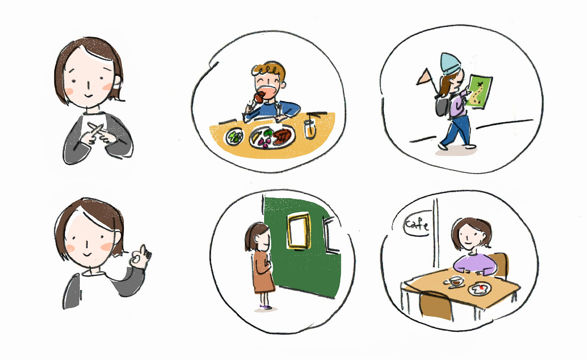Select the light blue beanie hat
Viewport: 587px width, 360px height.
(450, 64)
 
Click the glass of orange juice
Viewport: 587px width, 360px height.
(310, 129)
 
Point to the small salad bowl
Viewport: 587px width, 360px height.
(234, 137)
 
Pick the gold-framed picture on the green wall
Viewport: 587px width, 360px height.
(299, 231)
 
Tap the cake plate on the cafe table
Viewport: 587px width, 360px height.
(479, 288)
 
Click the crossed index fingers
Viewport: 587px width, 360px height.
(100, 133)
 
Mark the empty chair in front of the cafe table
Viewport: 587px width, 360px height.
(436, 306)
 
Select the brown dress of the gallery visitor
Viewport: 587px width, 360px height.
(263, 272)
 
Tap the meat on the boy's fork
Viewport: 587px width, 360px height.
(260, 98)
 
